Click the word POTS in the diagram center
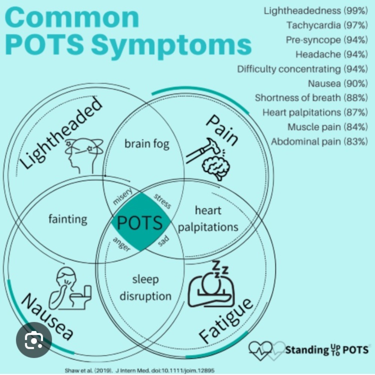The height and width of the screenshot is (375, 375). (x=139, y=223)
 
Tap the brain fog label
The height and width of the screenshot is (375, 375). (x=147, y=144)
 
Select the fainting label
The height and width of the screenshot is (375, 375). (x=68, y=219)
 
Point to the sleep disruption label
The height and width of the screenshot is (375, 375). (x=145, y=288)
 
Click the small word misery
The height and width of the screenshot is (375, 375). (x=122, y=196)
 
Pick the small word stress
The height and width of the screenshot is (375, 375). (x=162, y=201)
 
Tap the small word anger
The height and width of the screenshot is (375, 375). (x=122, y=244)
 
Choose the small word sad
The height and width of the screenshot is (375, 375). (x=163, y=241)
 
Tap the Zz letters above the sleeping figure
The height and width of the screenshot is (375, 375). (x=220, y=268)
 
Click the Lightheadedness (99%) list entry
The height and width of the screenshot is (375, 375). (x=316, y=11)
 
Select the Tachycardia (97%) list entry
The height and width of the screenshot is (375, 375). (x=327, y=25)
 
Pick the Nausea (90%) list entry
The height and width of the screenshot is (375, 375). (x=338, y=84)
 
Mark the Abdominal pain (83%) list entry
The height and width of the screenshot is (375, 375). (x=319, y=142)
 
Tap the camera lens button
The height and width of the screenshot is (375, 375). (x=34, y=340)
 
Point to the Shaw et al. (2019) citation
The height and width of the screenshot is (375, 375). (x=139, y=370)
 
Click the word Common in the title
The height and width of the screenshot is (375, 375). (x=72, y=18)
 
